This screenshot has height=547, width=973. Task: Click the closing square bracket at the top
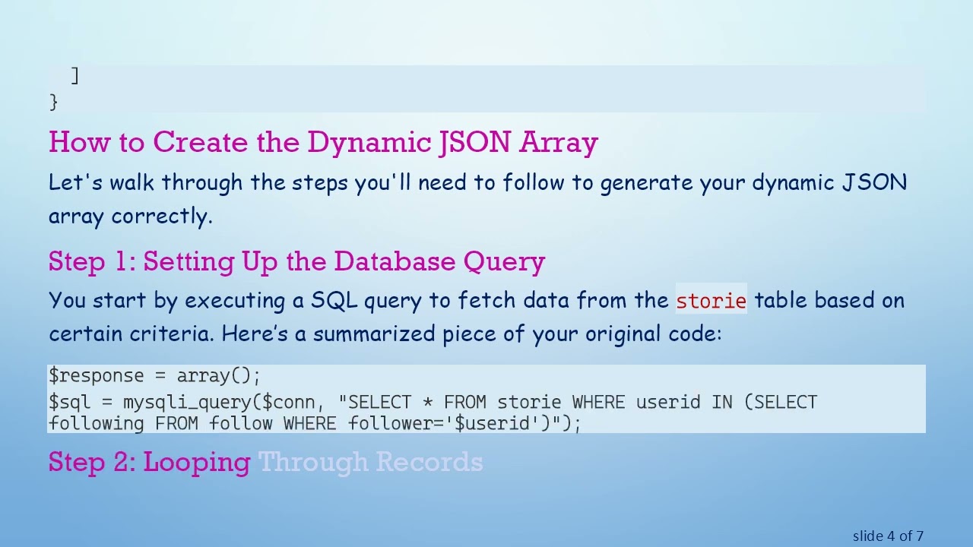[74, 75]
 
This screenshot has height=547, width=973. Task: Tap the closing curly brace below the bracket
[53, 101]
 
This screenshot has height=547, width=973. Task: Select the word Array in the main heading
[559, 143]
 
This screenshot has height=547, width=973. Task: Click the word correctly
[161, 217]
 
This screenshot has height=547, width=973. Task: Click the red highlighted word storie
[711, 302]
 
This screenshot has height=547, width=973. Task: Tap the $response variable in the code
[96, 376]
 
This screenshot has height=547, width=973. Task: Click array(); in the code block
[219, 376]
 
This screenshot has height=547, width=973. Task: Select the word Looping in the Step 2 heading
[196, 463]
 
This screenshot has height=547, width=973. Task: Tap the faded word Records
[429, 463]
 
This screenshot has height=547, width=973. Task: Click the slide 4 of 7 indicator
[888, 536]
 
